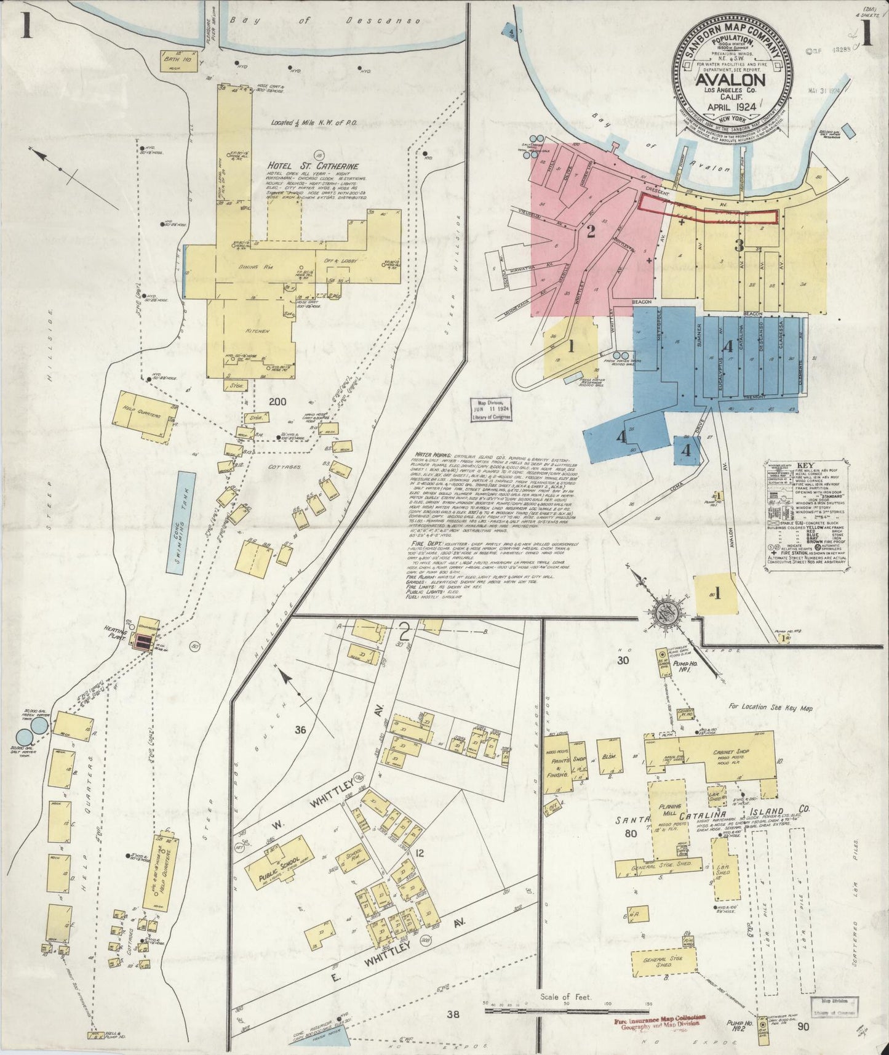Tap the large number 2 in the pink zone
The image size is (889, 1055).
point(591,232)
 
